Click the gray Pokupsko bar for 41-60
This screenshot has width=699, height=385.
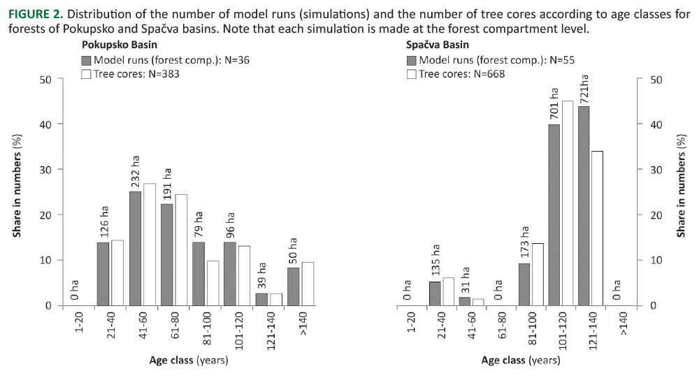coord(136,248)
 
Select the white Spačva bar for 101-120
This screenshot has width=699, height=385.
coord(568,203)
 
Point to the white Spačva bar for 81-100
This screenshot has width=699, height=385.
coord(538,274)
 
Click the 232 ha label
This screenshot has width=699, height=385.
coord(136,168)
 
